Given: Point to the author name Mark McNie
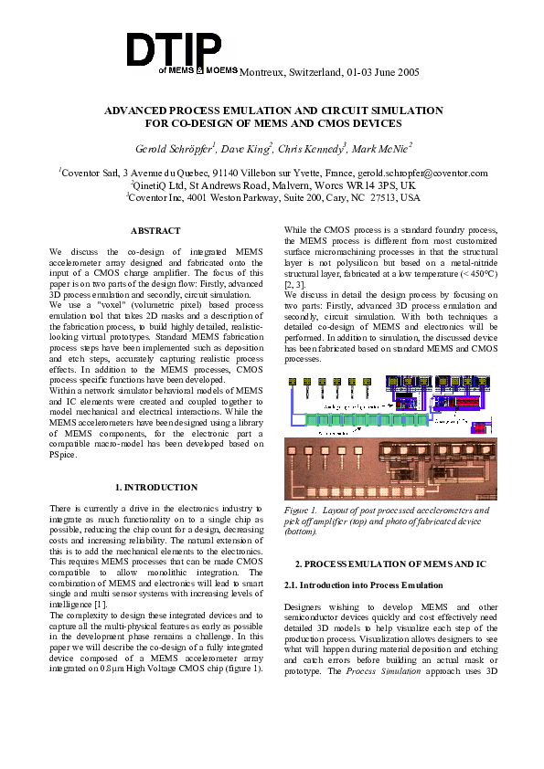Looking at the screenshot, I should click(382, 148).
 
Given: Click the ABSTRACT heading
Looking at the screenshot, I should click(155, 231).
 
